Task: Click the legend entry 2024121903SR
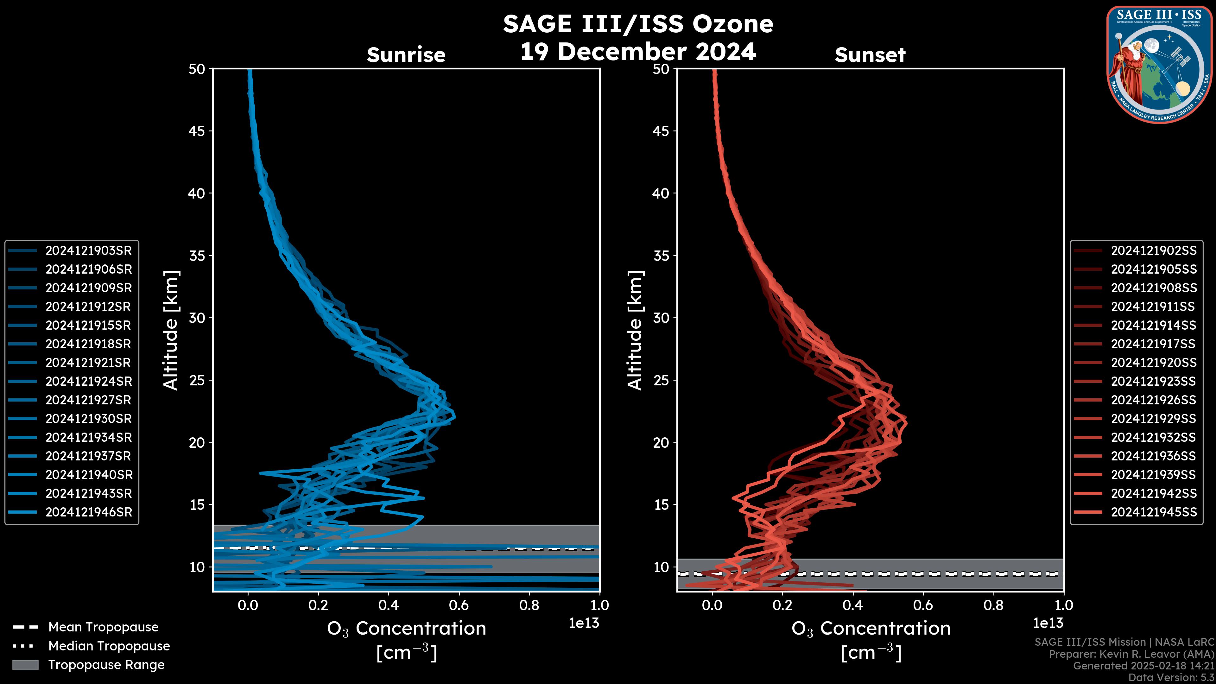click(88, 251)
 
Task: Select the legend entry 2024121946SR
click(88, 512)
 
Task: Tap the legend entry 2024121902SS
click(1153, 251)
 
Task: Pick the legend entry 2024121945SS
click(1153, 512)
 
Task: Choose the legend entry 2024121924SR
click(88, 381)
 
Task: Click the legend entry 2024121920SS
click(1153, 363)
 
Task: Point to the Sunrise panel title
click(406, 55)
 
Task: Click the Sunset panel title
click(870, 55)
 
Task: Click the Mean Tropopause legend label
click(103, 627)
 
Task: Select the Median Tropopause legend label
click(109, 646)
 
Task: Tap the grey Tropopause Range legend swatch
click(25, 665)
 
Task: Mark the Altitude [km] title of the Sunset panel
click(635, 330)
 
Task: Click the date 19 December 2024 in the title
click(638, 51)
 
